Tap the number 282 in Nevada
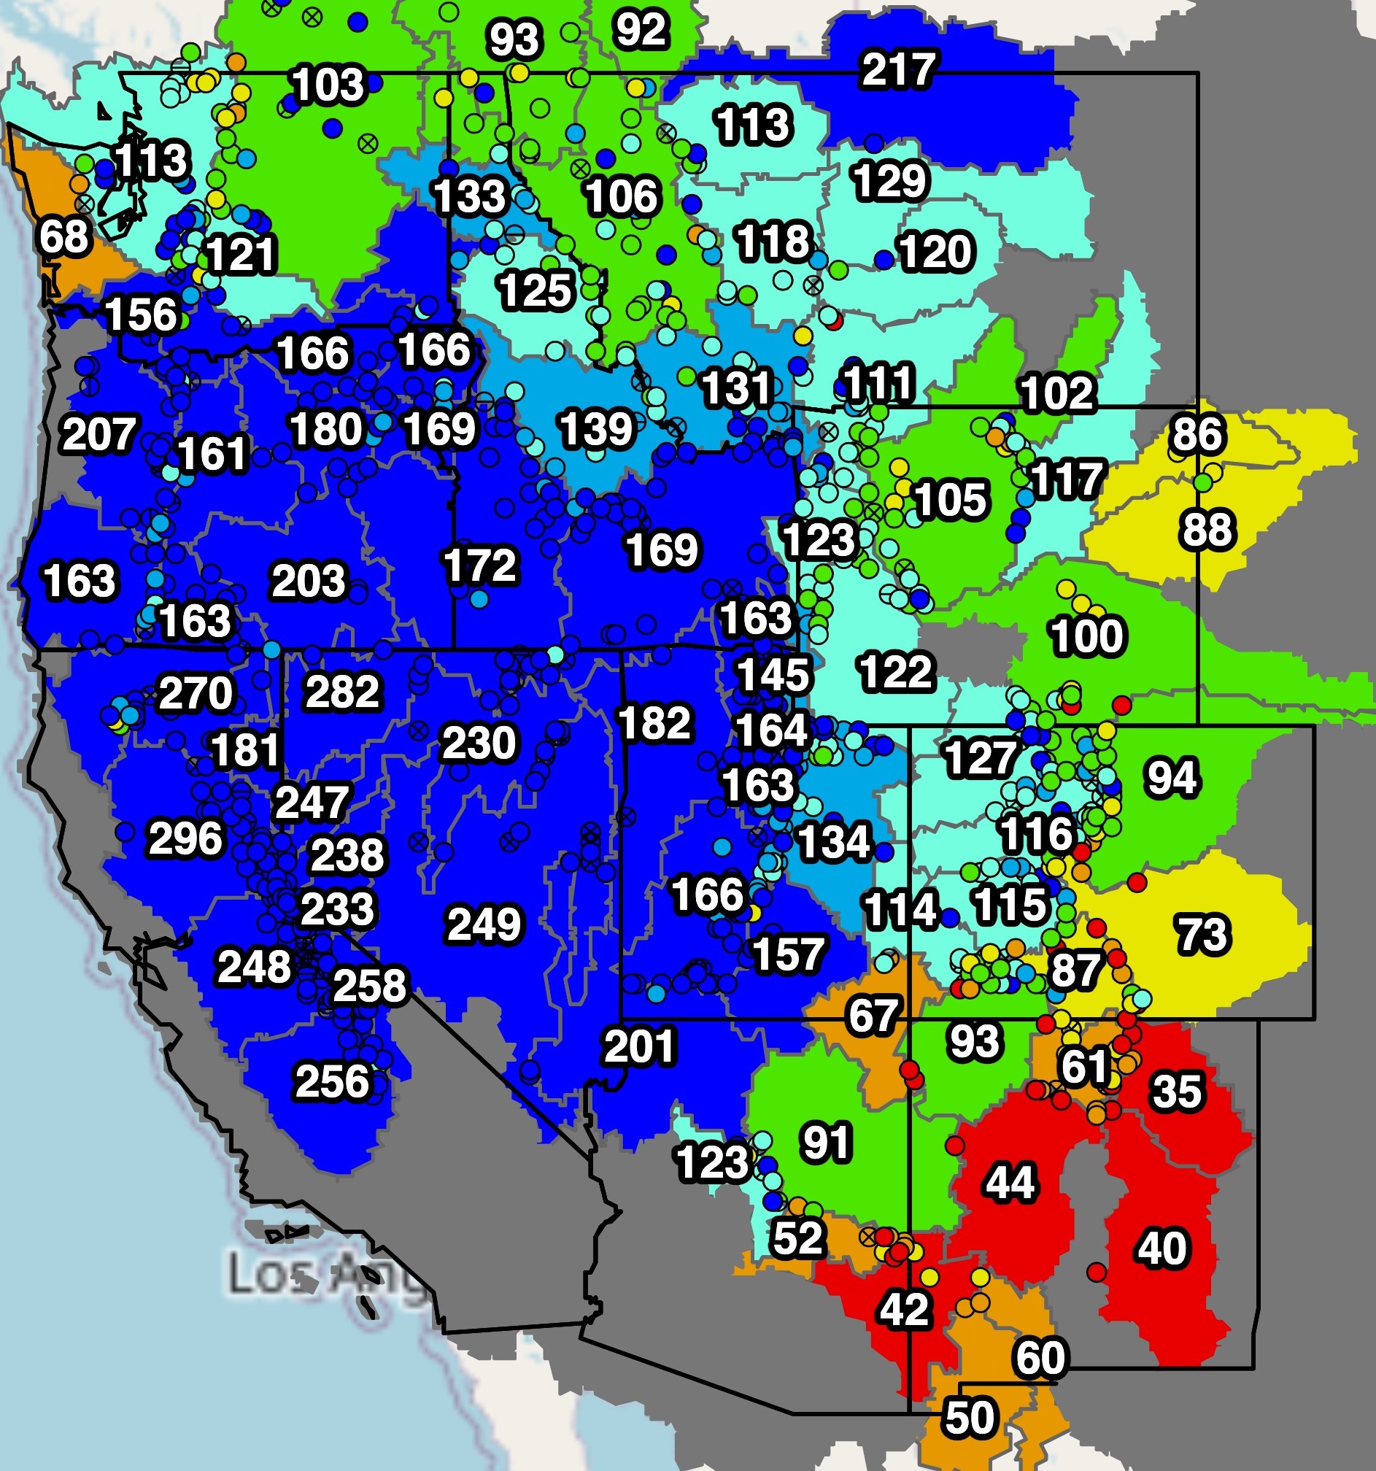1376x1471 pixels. coord(342,691)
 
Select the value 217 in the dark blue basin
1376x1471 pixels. coord(899,69)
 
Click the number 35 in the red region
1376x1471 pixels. coord(1177,1091)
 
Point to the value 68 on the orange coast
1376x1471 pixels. coord(63,237)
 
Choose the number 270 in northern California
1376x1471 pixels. coord(196,692)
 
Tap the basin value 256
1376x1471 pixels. coord(332,1081)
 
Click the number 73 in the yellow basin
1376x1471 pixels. coord(1203,934)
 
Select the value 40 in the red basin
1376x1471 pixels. coord(1162,1248)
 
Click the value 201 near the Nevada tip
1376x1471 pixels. coord(639,1046)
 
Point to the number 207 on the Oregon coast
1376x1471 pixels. coord(99,433)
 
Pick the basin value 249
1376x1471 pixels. coord(484,924)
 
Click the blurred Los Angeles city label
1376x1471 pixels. coord(325,1274)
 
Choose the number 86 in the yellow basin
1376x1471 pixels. coord(1197,433)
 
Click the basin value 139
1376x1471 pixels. coord(596,428)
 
